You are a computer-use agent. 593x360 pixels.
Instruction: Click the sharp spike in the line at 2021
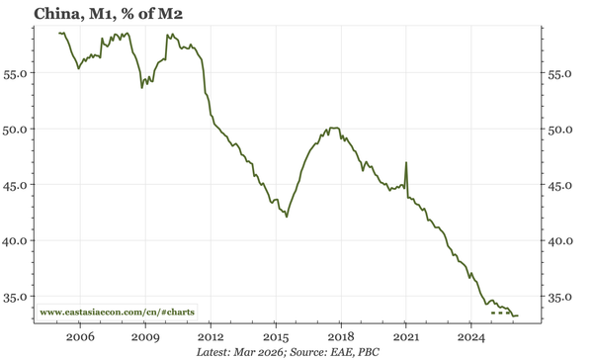click(x=406, y=162)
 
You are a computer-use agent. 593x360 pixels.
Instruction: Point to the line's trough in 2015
click(x=287, y=216)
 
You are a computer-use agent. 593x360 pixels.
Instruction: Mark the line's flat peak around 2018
click(x=334, y=128)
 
